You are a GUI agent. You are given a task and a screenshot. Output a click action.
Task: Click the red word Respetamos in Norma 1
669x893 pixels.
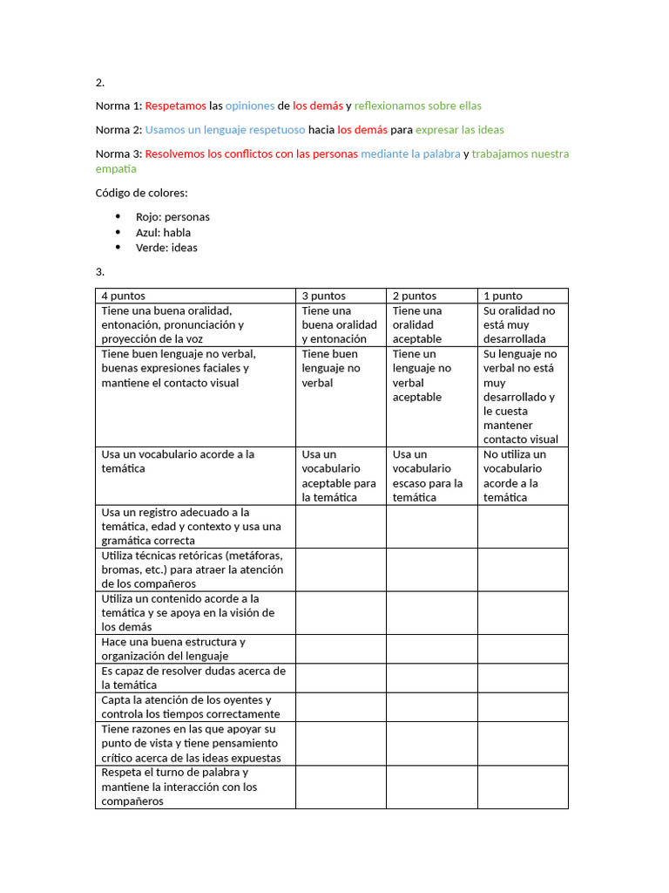[x=176, y=106]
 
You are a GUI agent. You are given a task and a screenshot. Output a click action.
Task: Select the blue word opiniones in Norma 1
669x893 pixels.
[x=249, y=106]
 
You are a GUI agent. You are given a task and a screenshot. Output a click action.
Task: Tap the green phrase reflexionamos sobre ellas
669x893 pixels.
[x=417, y=106]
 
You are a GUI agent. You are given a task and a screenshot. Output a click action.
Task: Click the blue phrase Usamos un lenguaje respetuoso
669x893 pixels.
[x=225, y=130]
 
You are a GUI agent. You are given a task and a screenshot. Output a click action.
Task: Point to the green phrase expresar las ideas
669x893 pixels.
[x=459, y=130]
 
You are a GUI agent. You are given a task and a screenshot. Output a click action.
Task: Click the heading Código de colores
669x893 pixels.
[x=141, y=193]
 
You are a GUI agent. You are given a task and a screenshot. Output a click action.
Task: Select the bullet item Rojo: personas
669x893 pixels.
[x=172, y=217]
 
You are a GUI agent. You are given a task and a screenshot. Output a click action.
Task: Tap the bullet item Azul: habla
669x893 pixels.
[x=163, y=233]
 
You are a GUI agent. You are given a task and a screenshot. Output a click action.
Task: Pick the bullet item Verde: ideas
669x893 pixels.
[x=166, y=248]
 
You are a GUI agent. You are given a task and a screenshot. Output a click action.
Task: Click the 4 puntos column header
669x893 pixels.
[x=124, y=296]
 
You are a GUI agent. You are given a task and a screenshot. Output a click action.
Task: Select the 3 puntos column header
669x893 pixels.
[x=324, y=296]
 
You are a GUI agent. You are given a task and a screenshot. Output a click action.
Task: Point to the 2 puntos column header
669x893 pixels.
[x=415, y=296]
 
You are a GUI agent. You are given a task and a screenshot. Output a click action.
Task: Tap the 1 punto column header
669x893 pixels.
[x=503, y=296]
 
